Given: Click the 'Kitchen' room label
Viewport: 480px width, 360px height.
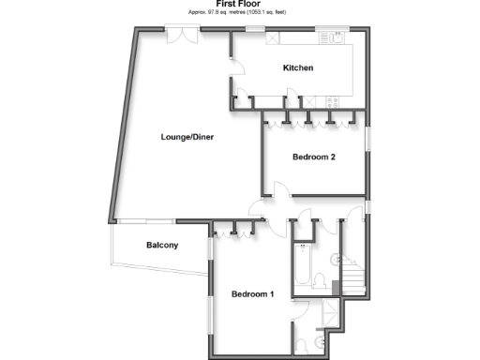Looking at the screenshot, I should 298,68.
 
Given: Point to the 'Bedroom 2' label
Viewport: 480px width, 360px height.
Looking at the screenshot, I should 313,157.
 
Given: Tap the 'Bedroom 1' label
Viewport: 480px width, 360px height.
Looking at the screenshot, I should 252,294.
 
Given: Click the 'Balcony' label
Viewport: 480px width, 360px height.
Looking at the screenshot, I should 162,246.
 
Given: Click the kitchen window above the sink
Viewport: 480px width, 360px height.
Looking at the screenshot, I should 330,28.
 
